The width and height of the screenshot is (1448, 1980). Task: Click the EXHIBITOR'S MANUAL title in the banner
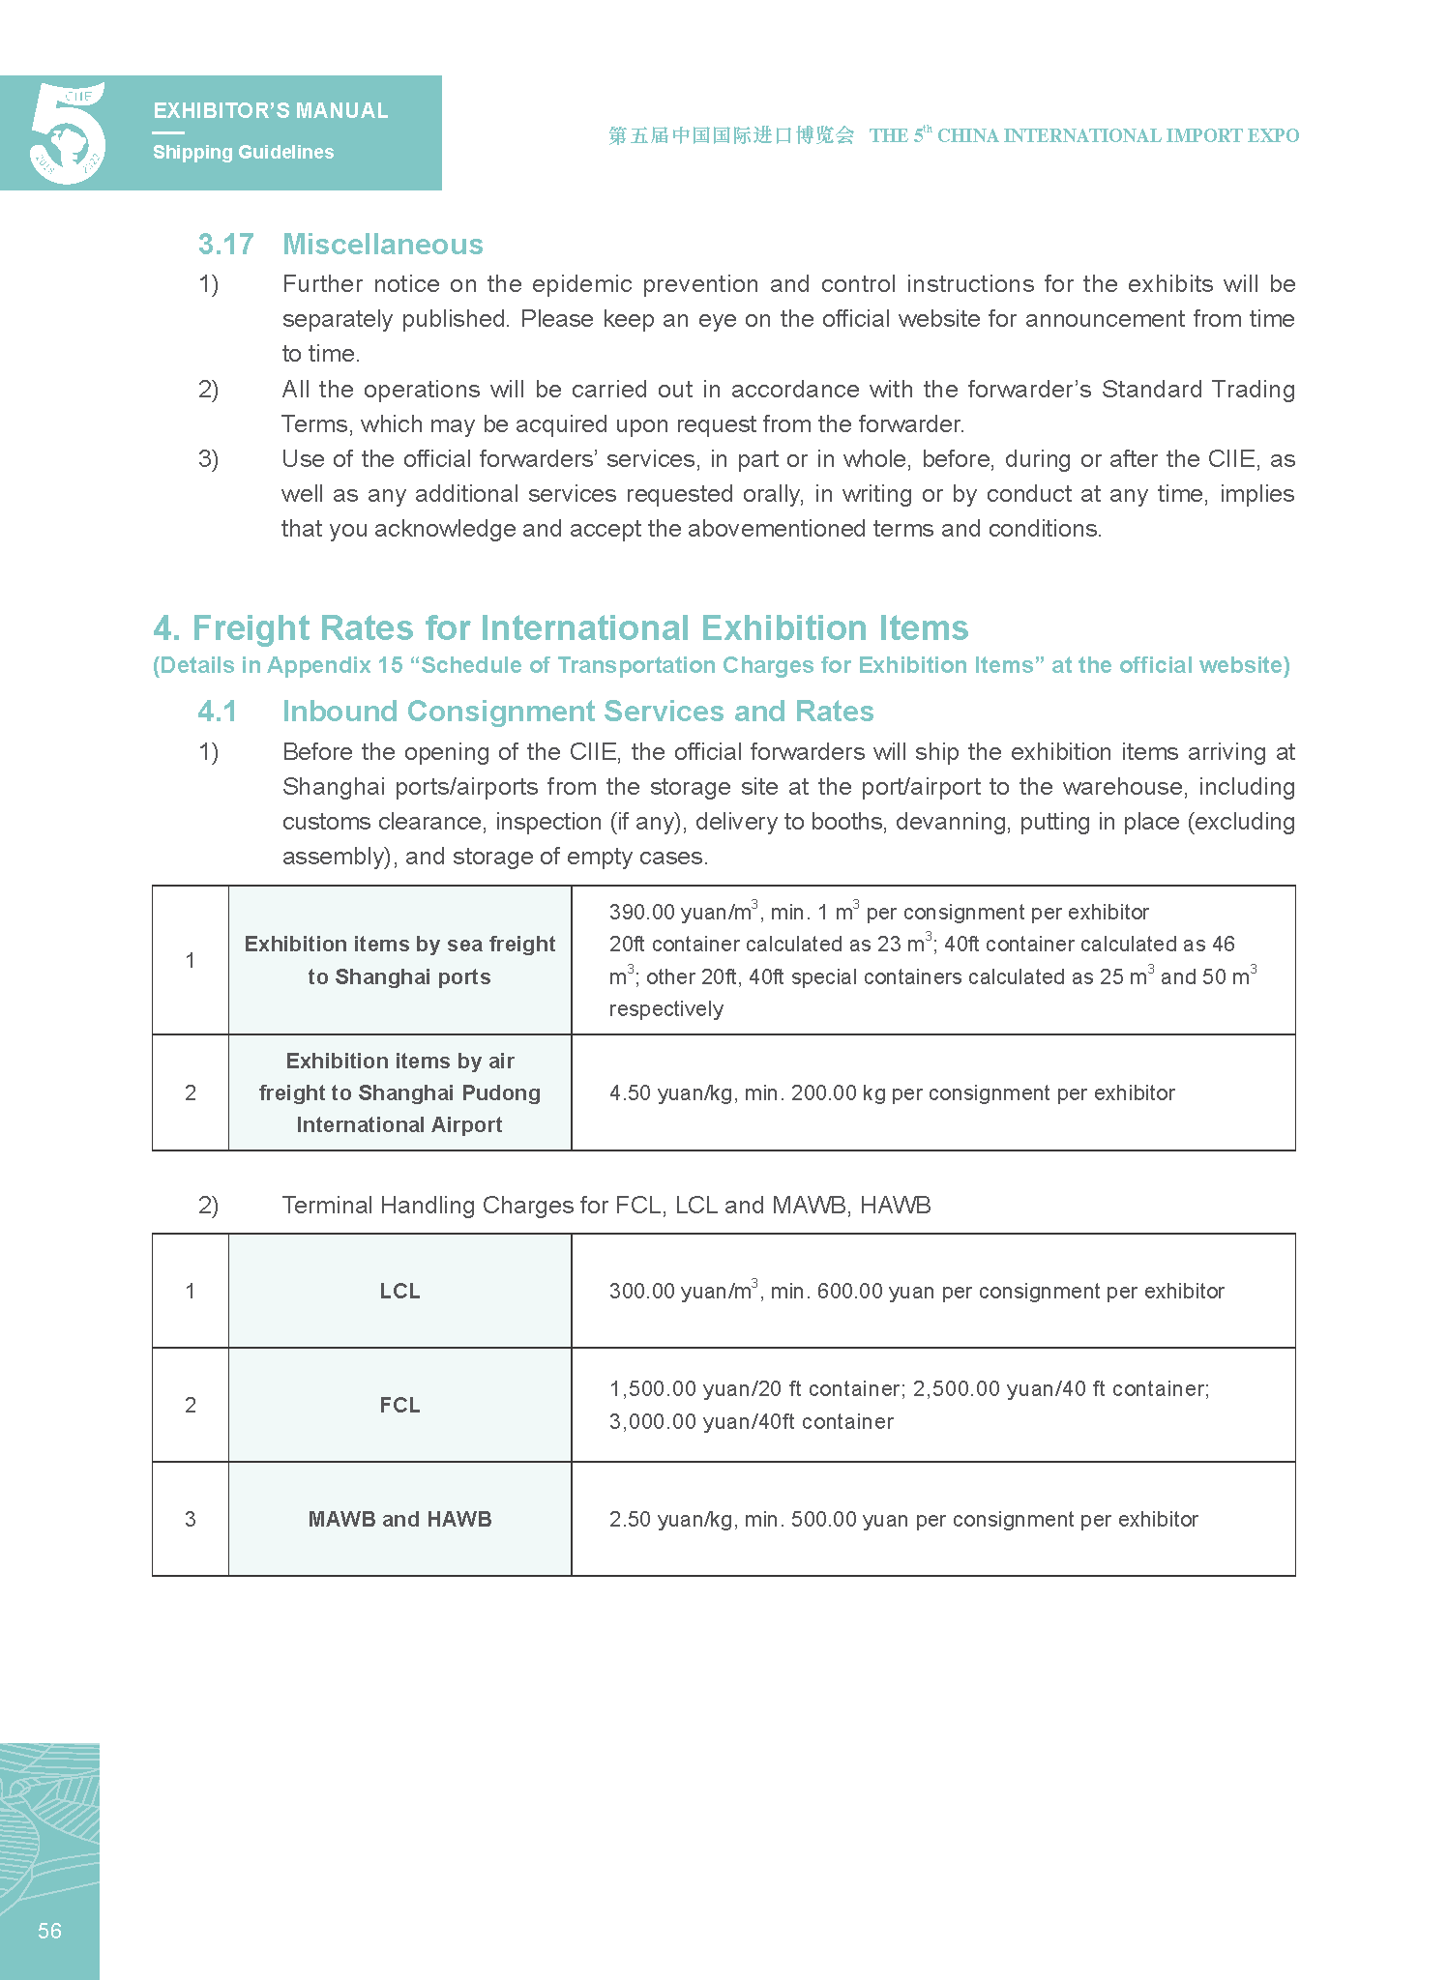271,111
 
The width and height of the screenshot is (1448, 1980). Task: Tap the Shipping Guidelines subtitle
243,152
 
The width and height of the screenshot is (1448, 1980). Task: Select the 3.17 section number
225,245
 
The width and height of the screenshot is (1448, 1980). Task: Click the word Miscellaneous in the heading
382,245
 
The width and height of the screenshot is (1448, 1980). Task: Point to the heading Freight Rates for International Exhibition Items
561,628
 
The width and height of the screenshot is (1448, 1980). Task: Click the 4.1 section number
217,712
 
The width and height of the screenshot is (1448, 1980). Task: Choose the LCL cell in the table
399,1291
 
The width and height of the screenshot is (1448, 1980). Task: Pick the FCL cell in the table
399,1405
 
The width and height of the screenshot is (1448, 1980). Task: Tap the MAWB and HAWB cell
399,1519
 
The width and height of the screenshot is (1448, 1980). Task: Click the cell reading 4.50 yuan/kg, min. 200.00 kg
891,1092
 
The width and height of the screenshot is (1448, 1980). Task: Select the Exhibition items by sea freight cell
399,960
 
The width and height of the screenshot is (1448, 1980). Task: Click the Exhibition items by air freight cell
399,1092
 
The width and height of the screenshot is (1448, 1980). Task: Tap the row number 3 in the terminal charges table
191,1519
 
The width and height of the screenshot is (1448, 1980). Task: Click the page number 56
49,1931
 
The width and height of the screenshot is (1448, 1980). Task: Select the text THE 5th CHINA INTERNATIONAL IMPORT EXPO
1083,135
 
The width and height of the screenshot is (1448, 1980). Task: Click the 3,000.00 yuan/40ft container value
751,1421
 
